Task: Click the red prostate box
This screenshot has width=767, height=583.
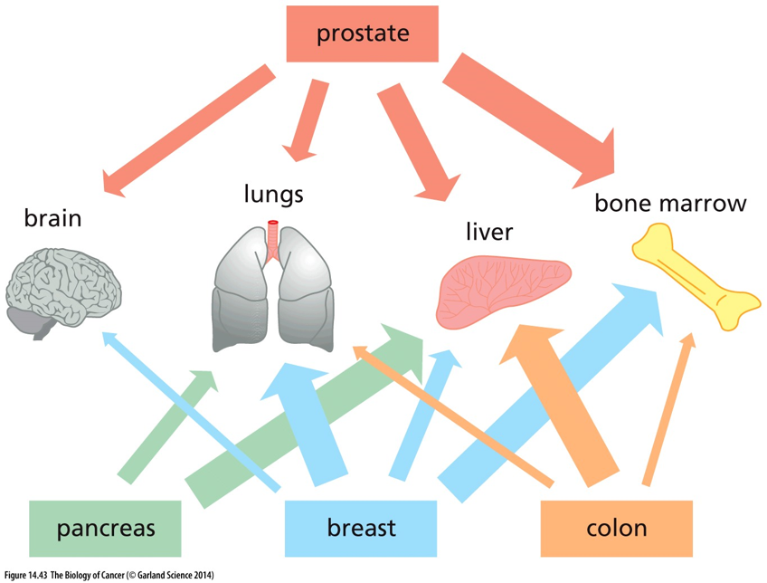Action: click(362, 33)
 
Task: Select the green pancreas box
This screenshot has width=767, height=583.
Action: click(105, 528)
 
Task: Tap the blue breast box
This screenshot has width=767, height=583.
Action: click(361, 528)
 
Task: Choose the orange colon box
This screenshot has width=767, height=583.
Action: click(616, 528)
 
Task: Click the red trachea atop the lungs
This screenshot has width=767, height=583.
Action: click(273, 240)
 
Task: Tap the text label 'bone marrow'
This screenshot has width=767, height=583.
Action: click(670, 203)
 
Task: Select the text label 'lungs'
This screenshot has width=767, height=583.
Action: click(273, 195)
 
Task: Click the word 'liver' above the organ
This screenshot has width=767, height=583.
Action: click(489, 232)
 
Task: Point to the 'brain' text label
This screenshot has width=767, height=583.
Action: click(52, 218)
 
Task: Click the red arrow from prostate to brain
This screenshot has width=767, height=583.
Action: click(189, 131)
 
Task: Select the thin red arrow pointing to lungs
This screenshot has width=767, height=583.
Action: click(306, 119)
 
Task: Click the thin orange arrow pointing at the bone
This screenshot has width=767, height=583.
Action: click(668, 409)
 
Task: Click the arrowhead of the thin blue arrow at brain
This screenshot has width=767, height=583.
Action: click(110, 339)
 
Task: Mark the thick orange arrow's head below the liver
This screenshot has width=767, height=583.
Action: click(531, 343)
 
